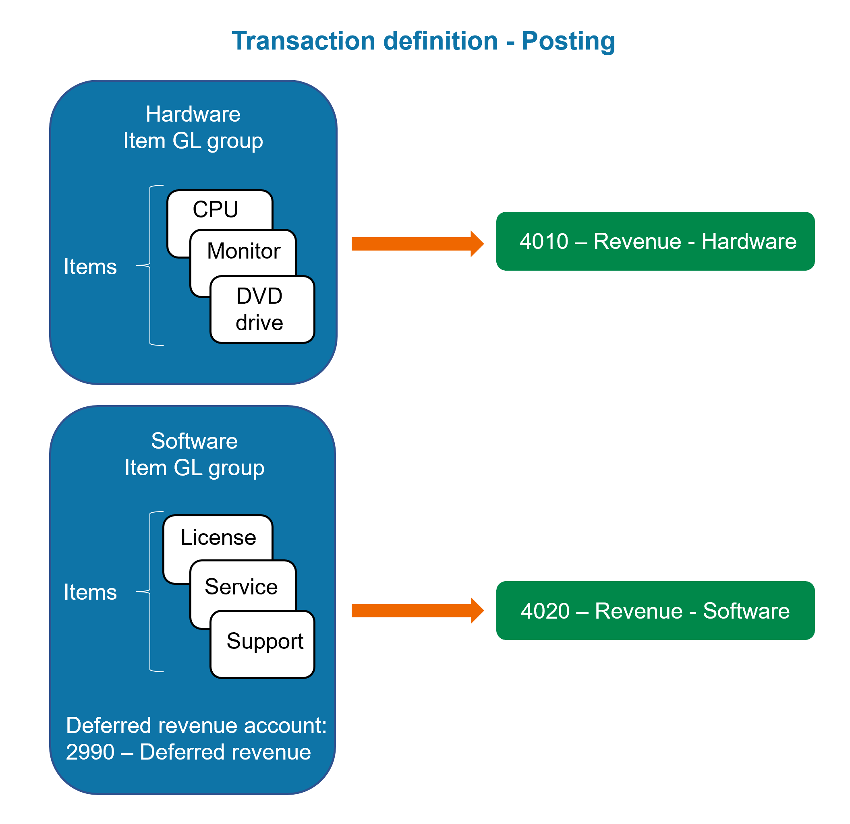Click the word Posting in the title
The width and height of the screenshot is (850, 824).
coord(568,41)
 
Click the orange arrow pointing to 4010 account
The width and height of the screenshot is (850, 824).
coord(416,244)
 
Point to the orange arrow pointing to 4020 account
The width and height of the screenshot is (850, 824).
coord(416,611)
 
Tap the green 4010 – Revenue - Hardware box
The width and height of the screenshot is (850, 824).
coord(655,241)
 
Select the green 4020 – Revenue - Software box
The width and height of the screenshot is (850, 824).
coord(655,611)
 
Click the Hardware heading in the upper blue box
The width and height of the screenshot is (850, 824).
coord(193,114)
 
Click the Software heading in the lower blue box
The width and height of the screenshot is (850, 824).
coord(194,441)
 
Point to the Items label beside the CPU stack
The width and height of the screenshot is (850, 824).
coord(90,267)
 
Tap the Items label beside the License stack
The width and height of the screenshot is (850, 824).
coord(90,592)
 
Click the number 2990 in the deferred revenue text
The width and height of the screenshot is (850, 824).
coord(90,752)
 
